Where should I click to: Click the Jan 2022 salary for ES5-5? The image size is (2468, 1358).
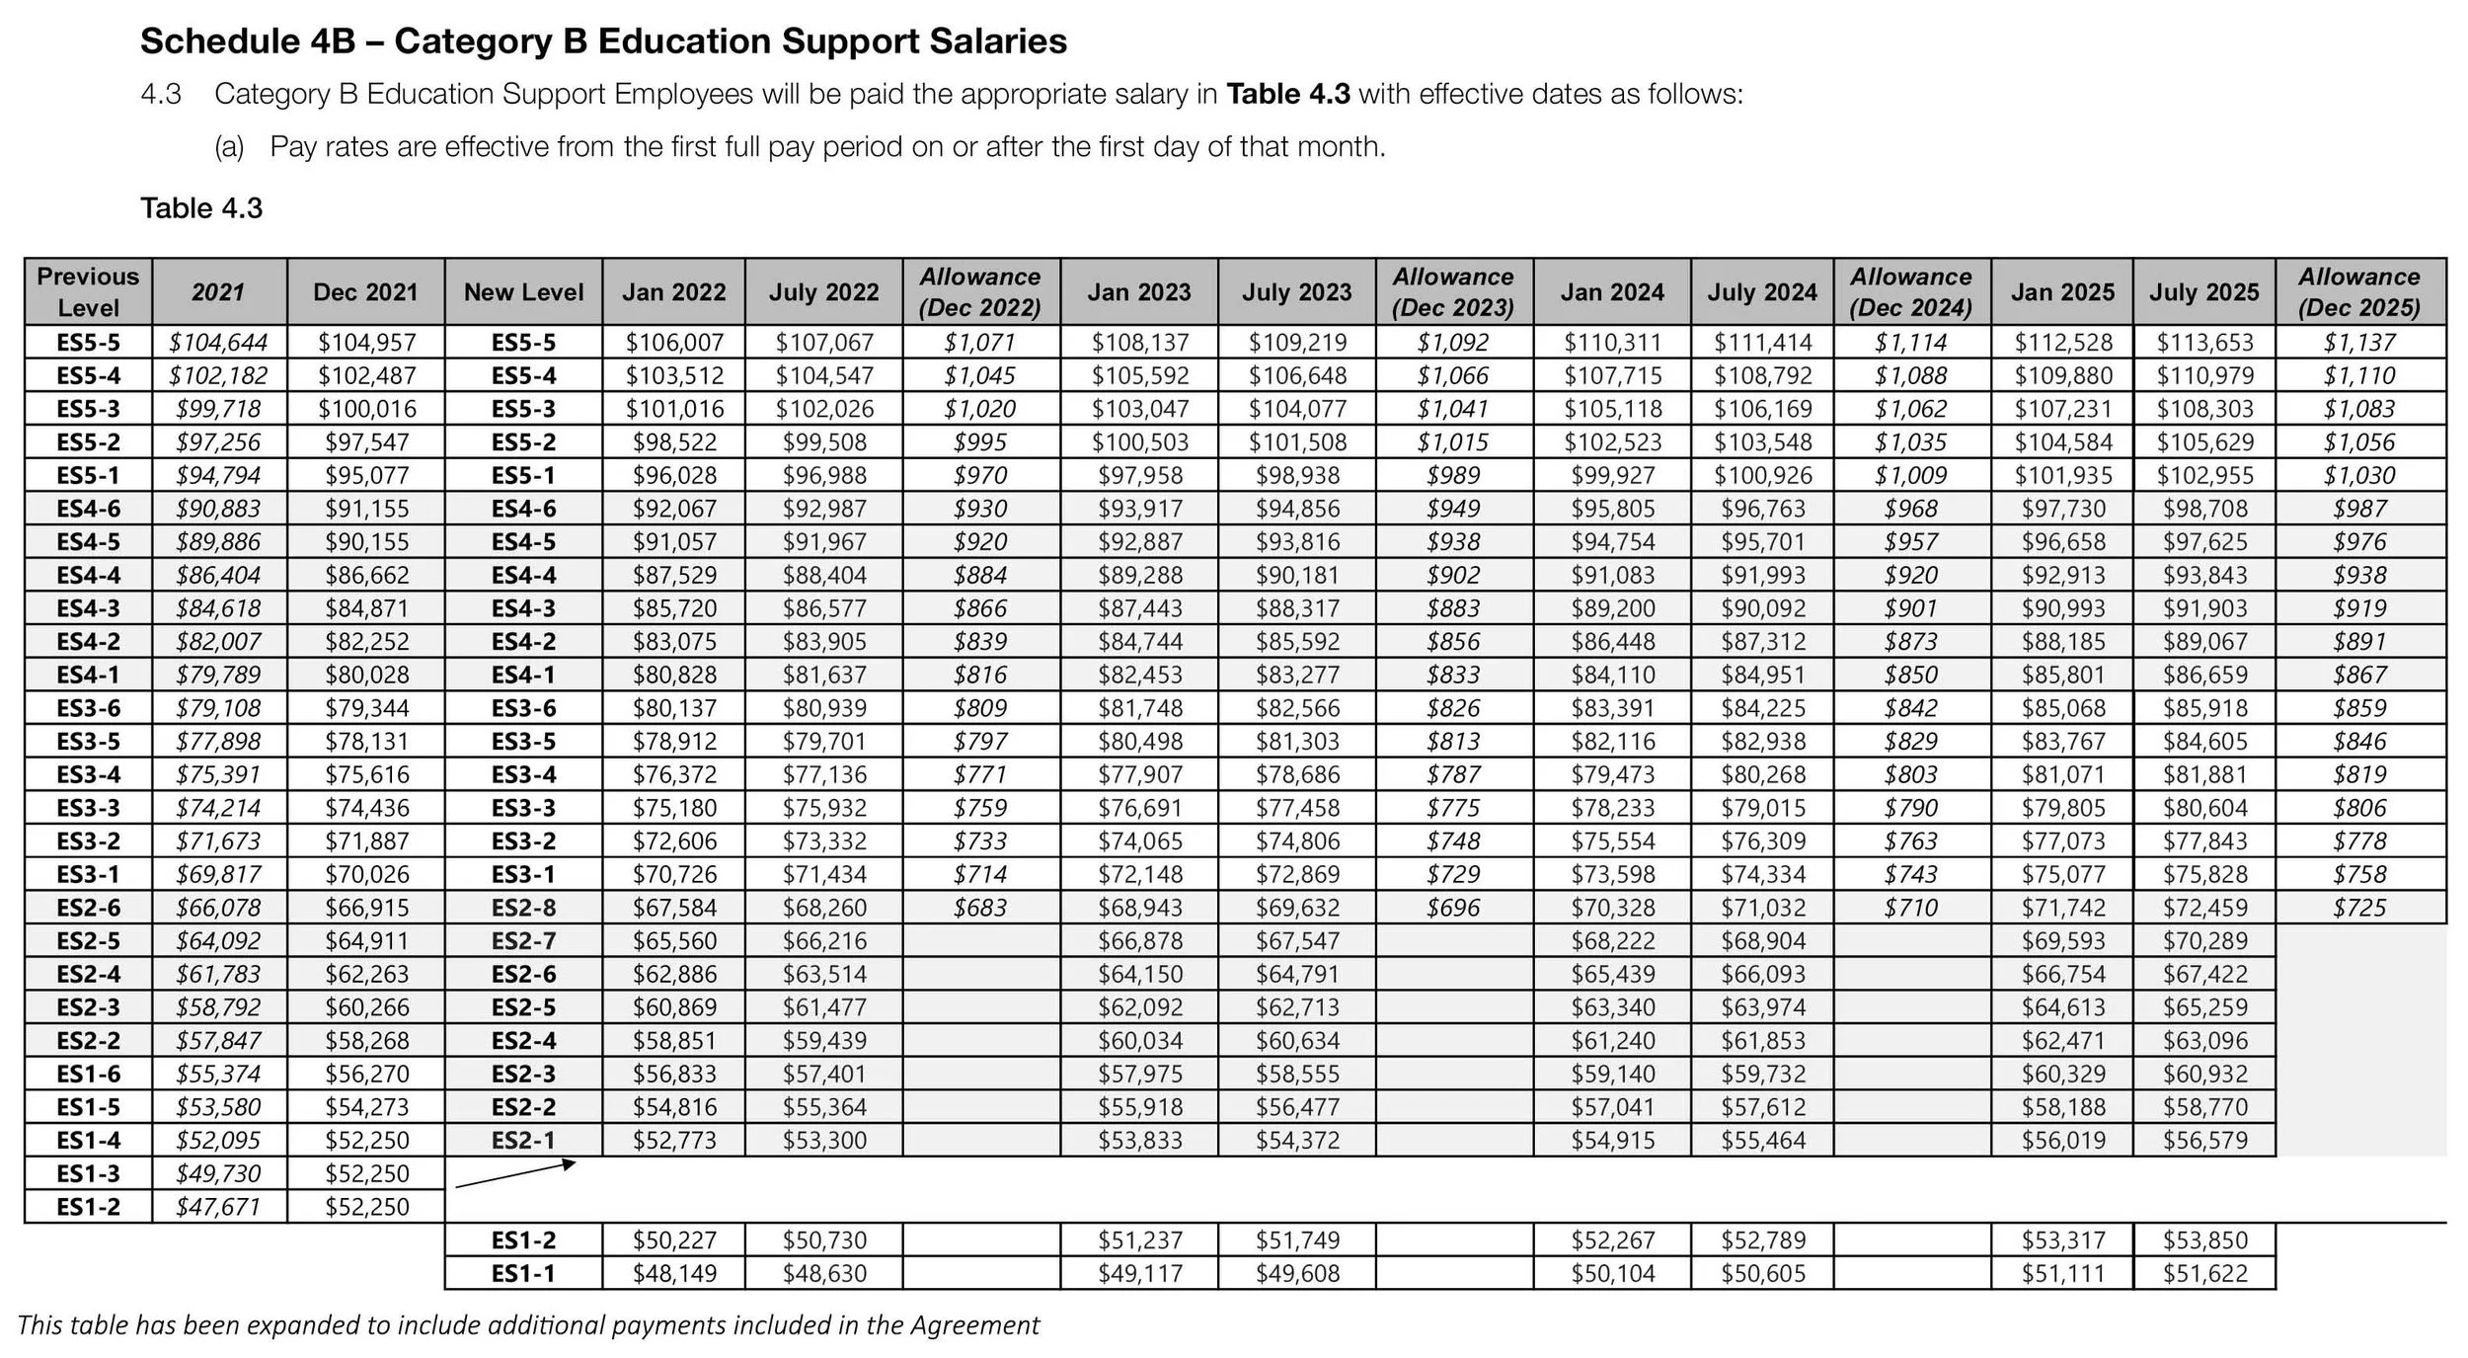674,343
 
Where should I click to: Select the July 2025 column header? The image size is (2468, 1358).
2203,292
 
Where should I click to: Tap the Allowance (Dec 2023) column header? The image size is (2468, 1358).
1452,292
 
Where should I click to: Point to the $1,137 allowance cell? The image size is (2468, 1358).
2359,343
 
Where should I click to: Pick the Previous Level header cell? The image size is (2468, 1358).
88,292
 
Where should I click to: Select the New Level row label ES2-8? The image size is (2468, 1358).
523,908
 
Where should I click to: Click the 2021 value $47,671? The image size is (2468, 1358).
217,1207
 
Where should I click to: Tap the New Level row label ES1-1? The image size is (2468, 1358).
523,1274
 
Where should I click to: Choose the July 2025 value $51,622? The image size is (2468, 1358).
2204,1274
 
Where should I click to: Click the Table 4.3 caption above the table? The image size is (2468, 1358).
201,208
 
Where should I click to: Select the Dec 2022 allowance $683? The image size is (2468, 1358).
980,908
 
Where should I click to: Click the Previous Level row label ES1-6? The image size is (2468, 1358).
88,1074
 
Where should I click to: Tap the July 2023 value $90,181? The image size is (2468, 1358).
1296,576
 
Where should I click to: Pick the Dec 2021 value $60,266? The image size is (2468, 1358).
366,1007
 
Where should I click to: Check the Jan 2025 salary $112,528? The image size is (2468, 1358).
2062,343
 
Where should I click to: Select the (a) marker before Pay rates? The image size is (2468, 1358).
229,147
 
